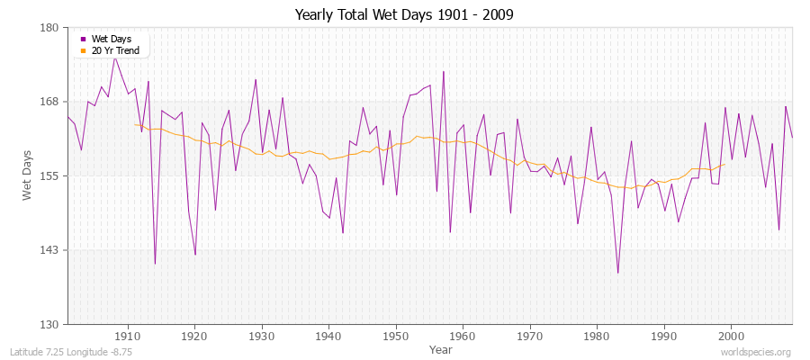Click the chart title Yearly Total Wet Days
point(404,15)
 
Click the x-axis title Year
point(441,348)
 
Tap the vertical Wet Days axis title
point(28,175)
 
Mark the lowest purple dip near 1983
point(617,273)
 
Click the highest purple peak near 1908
point(114,57)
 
